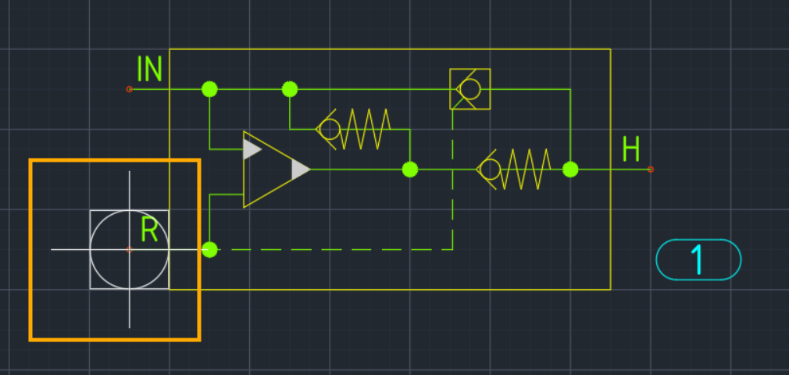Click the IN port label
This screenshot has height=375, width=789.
149,69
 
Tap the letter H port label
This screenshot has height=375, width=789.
631,148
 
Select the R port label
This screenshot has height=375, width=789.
149,229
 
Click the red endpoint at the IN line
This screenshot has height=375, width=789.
130,89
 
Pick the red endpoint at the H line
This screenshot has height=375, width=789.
651,170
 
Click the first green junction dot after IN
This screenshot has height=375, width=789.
209,89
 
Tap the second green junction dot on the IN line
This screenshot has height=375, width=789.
290,89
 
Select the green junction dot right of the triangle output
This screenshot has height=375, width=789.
410,170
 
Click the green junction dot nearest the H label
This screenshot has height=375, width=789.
570,170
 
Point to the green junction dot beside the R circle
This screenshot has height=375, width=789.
209,249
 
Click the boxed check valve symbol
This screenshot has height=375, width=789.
470,89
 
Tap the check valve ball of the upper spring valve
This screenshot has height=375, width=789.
330,130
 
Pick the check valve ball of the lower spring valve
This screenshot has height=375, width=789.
490,170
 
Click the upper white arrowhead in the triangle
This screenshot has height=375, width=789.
251,149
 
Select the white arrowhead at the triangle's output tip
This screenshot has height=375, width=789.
301,170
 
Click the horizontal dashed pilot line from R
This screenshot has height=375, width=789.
331,249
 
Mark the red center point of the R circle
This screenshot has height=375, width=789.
130,249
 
